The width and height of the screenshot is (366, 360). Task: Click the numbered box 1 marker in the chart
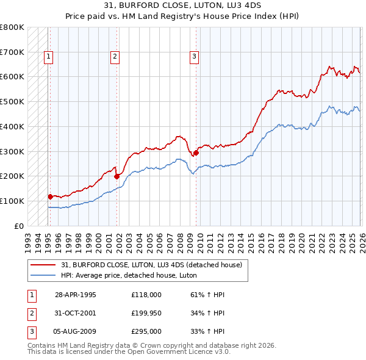click(48, 57)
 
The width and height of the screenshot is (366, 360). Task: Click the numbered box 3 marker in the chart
click(194, 57)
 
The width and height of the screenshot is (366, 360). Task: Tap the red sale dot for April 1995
click(51, 196)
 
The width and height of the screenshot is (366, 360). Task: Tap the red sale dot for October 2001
click(117, 176)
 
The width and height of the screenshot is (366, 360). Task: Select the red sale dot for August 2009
click(196, 153)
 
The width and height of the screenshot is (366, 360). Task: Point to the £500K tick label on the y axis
click(12, 102)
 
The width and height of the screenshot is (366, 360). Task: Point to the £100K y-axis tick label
click(12, 201)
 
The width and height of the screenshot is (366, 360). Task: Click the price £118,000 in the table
click(146, 295)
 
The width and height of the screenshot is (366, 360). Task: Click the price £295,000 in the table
click(146, 333)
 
